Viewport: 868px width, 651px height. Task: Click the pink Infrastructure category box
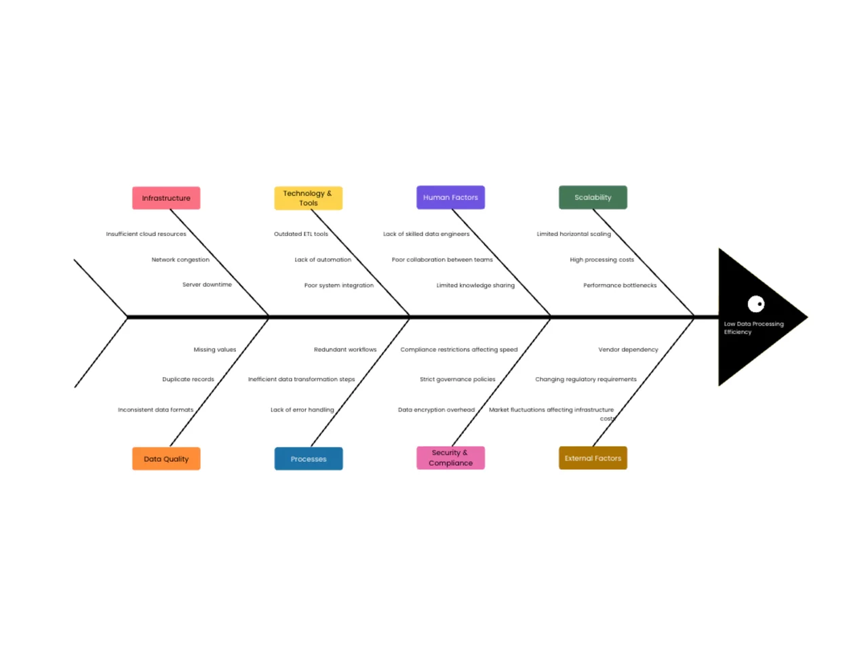(166, 198)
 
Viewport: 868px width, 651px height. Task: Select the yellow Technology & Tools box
(309, 198)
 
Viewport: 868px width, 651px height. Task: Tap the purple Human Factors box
(450, 197)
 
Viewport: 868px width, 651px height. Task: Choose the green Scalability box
(593, 197)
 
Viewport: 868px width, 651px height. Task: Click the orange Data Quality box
(166, 458)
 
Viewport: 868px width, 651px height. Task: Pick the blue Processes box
(309, 458)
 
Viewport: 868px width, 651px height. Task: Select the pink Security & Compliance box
(450, 458)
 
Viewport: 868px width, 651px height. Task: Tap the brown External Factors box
(593, 458)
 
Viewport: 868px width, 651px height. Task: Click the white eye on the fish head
(755, 304)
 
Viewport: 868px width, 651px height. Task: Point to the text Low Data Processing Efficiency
(753, 328)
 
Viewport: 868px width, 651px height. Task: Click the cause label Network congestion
(180, 260)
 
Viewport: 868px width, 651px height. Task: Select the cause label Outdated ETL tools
(301, 234)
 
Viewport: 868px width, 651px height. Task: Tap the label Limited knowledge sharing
(475, 285)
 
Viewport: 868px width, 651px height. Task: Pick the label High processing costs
(601, 260)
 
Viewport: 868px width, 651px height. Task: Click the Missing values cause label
(215, 349)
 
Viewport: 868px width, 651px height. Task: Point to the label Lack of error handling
(302, 410)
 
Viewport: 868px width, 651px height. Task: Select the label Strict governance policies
(457, 379)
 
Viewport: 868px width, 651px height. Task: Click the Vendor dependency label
(628, 349)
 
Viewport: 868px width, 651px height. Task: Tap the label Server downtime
(207, 285)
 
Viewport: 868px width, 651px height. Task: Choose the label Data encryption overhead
(436, 410)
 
